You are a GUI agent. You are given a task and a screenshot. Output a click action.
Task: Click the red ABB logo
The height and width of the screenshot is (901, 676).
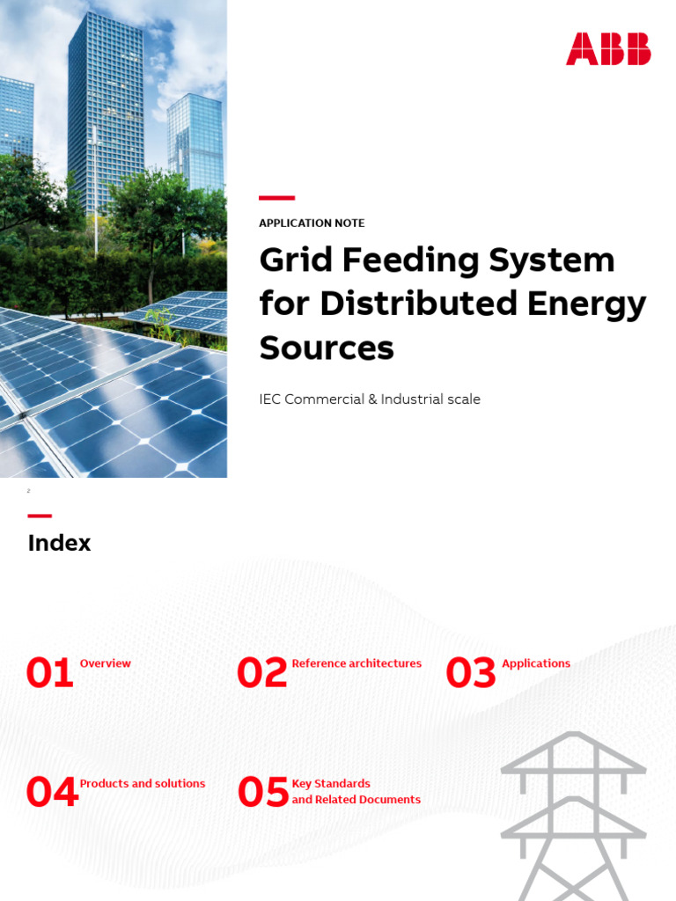(608, 48)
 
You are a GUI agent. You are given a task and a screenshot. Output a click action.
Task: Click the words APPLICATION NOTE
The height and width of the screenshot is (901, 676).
(312, 223)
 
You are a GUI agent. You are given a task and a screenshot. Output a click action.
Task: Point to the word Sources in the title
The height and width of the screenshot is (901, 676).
(327, 348)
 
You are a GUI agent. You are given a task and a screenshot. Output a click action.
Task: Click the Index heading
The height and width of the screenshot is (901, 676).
(59, 543)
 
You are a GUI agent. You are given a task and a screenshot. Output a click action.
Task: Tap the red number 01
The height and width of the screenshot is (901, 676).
(49, 674)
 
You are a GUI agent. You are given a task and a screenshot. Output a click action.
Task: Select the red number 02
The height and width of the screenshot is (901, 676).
(261, 674)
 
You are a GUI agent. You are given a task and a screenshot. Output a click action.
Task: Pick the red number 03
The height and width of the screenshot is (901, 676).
(471, 674)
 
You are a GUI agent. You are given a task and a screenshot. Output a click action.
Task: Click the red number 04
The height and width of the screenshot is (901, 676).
(51, 793)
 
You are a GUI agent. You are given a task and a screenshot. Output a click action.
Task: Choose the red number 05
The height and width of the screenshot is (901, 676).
(262, 793)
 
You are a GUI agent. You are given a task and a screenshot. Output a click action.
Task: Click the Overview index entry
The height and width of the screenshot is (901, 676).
(106, 663)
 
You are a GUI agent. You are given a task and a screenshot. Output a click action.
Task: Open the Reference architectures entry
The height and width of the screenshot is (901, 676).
(356, 663)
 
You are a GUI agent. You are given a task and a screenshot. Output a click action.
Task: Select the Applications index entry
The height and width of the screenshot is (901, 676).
(536, 663)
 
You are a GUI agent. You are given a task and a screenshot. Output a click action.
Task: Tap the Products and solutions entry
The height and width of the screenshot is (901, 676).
(143, 783)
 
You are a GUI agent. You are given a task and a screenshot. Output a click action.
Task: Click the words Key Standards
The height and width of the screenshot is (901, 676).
(331, 783)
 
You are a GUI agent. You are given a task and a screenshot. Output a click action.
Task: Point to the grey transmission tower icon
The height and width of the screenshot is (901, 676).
(573, 814)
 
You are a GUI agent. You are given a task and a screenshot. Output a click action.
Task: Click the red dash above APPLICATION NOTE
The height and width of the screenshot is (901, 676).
(276, 198)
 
